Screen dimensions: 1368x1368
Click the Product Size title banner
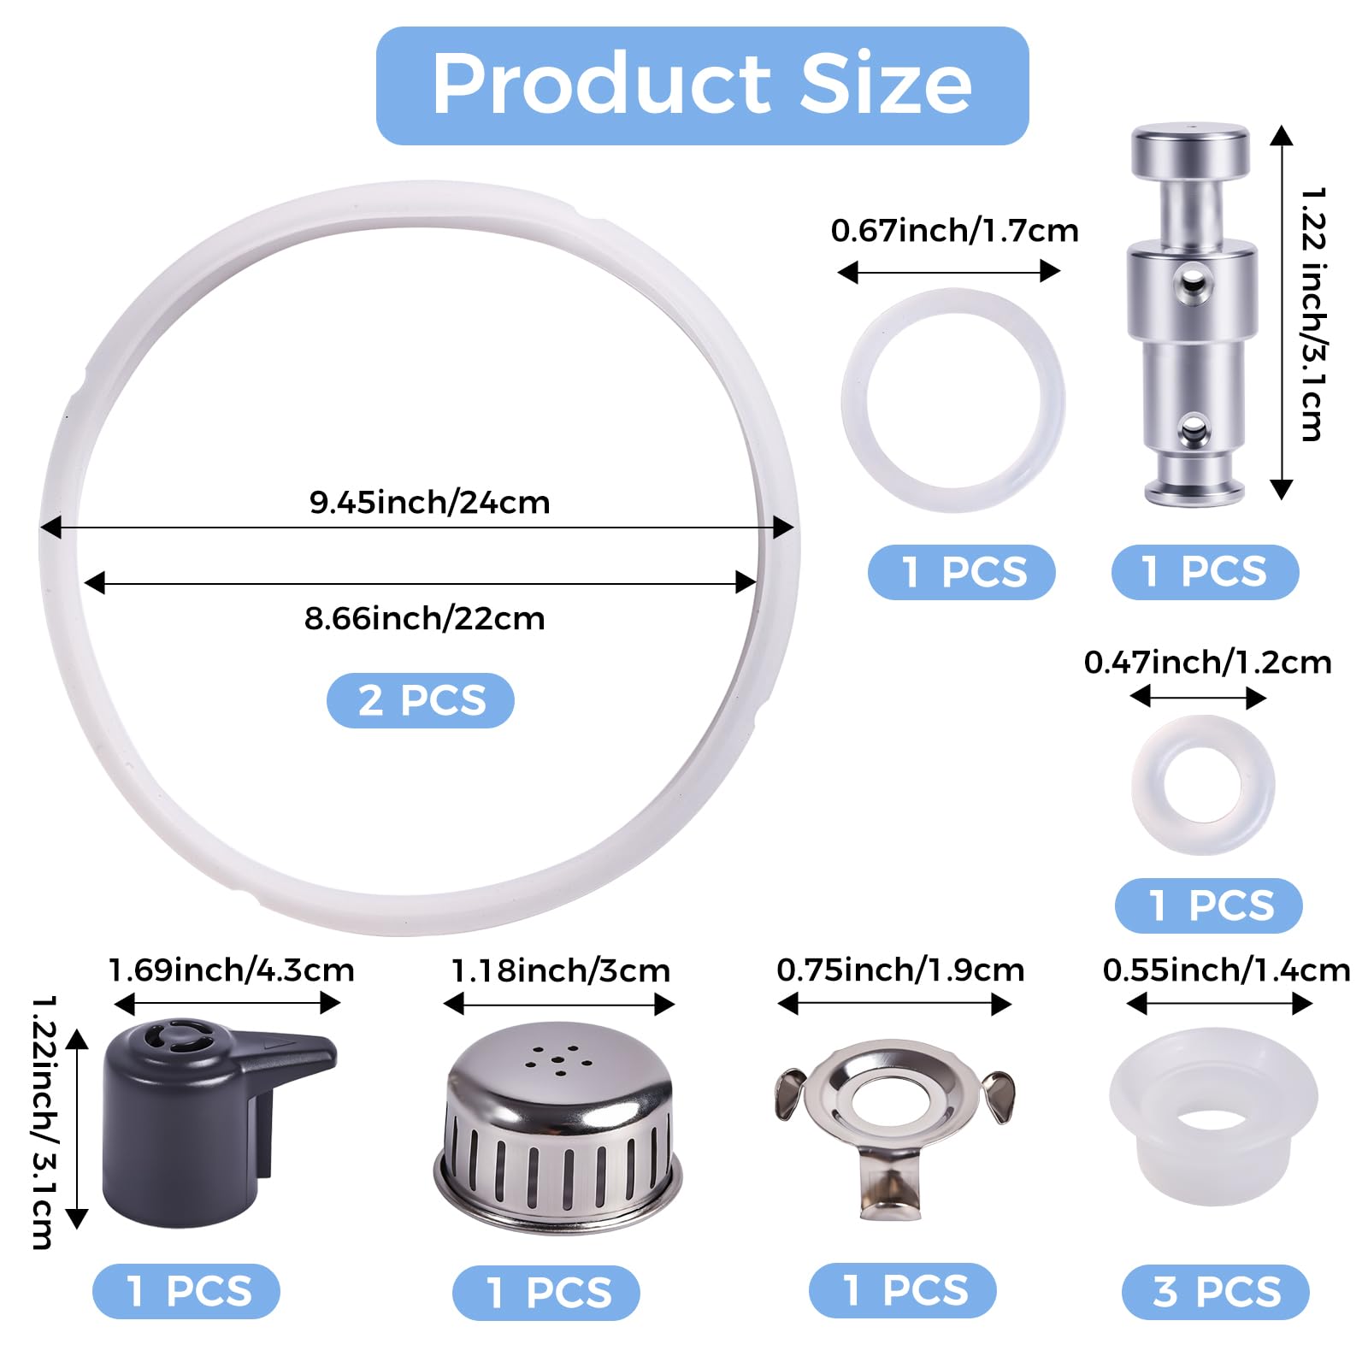click(x=702, y=85)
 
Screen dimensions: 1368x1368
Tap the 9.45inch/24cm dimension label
click(x=429, y=502)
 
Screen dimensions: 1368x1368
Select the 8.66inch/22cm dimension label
click(x=425, y=618)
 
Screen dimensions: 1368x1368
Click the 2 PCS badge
click(x=421, y=700)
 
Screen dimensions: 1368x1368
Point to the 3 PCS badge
click(x=1215, y=1291)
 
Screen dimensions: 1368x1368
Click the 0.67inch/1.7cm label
click(x=954, y=231)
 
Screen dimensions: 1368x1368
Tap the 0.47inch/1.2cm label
click(x=1207, y=663)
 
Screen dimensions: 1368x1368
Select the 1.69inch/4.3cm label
click(x=231, y=970)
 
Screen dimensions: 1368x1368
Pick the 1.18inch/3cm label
click(x=561, y=971)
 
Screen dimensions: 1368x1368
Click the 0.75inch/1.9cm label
click(x=900, y=970)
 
